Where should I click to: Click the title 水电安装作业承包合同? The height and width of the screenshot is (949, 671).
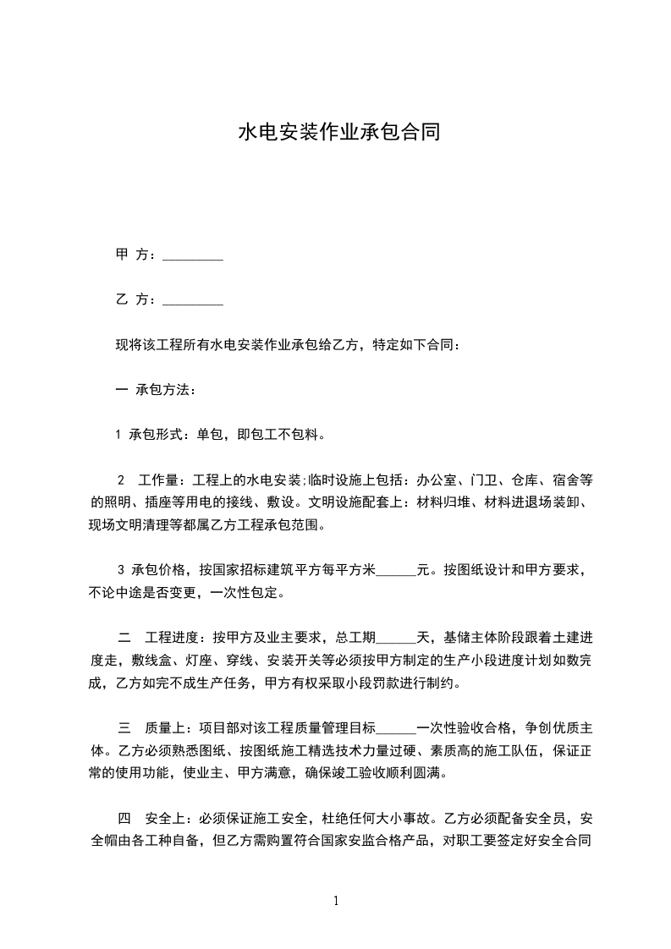(x=338, y=133)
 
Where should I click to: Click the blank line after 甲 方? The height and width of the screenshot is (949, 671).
(x=193, y=255)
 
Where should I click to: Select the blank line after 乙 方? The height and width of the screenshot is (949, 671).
(x=193, y=300)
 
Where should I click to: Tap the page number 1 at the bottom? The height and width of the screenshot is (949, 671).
(x=336, y=901)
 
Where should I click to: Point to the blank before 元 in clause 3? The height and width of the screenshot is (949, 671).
(x=396, y=570)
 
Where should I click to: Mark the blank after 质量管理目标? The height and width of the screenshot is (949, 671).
(x=396, y=727)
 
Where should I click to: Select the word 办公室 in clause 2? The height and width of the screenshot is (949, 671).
(x=437, y=480)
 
